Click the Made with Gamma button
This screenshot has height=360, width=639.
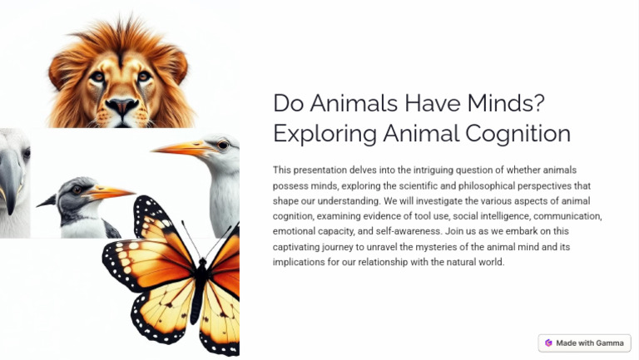tap(585, 343)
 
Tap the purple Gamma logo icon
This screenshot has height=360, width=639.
tap(548, 343)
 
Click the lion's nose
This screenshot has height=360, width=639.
tap(121, 106)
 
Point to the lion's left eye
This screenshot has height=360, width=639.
tap(98, 76)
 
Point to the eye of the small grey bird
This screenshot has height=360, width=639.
tap(77, 190)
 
